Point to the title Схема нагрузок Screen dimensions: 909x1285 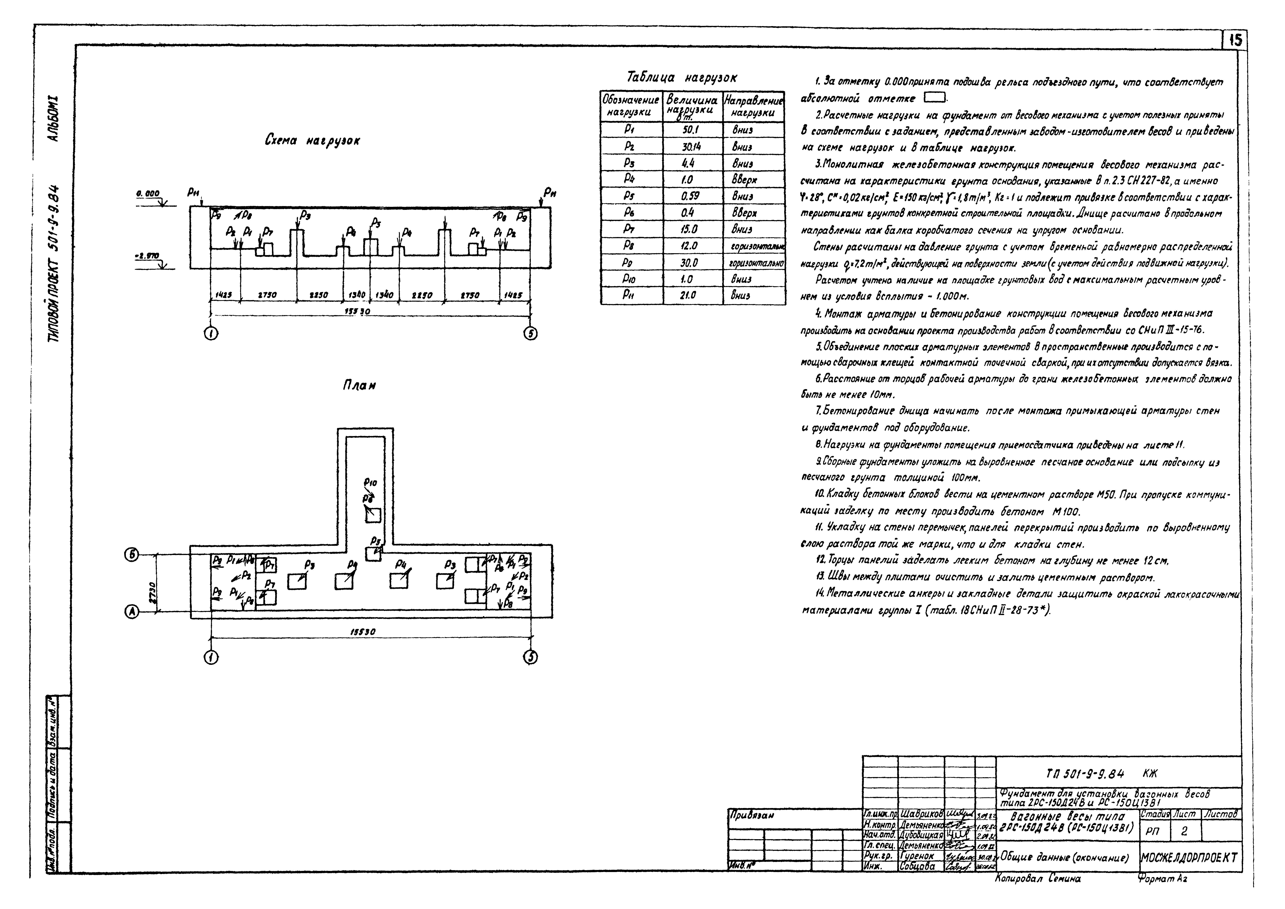(x=312, y=141)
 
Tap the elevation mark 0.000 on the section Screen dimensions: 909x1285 (x=147, y=193)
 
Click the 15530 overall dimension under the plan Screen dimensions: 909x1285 (x=363, y=632)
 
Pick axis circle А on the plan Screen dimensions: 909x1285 (x=131, y=613)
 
